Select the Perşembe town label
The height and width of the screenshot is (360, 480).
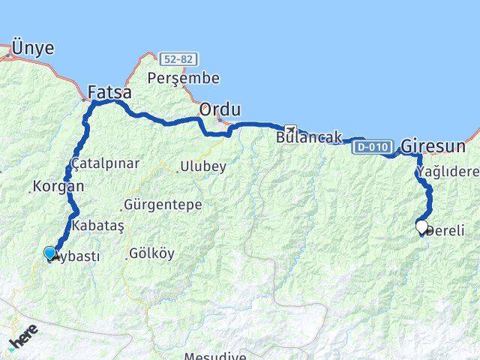point(184,78)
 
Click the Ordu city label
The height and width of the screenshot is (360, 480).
point(220,110)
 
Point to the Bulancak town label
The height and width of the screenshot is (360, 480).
point(309,138)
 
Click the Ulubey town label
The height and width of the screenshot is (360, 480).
point(202,167)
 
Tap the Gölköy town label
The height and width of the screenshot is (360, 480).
point(152,253)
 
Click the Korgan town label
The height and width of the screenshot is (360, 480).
point(58,186)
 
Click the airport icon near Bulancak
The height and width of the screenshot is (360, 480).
point(289,130)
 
